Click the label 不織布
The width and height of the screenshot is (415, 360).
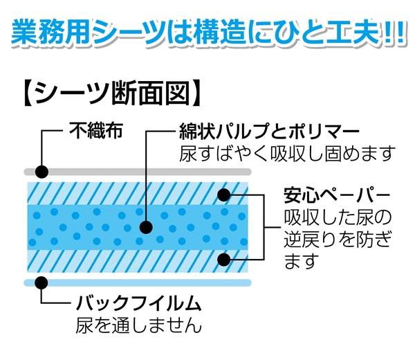96,130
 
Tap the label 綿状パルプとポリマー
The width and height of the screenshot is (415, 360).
269,131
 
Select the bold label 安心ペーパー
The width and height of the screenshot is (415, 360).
337,196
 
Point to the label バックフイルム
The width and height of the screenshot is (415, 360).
139,303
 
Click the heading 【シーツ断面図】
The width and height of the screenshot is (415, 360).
111,93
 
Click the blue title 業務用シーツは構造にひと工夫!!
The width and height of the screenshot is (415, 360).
208,31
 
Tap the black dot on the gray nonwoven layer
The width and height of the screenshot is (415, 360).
41,172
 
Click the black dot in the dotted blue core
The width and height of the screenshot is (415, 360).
146,227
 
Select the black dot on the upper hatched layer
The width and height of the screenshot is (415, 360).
224,195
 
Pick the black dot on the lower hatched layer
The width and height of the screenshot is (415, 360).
224,260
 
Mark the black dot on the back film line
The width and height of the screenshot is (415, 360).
41,282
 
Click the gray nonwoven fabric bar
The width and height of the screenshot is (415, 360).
138,172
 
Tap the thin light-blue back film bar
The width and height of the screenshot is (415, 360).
138,282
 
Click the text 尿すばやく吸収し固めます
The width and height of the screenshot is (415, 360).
287,154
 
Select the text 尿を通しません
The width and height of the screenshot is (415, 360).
139,325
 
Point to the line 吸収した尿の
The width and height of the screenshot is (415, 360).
338,218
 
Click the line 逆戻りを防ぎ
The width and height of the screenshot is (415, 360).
338,240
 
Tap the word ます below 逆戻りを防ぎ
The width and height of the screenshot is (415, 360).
300,261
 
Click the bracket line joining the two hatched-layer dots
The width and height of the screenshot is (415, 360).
264,227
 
